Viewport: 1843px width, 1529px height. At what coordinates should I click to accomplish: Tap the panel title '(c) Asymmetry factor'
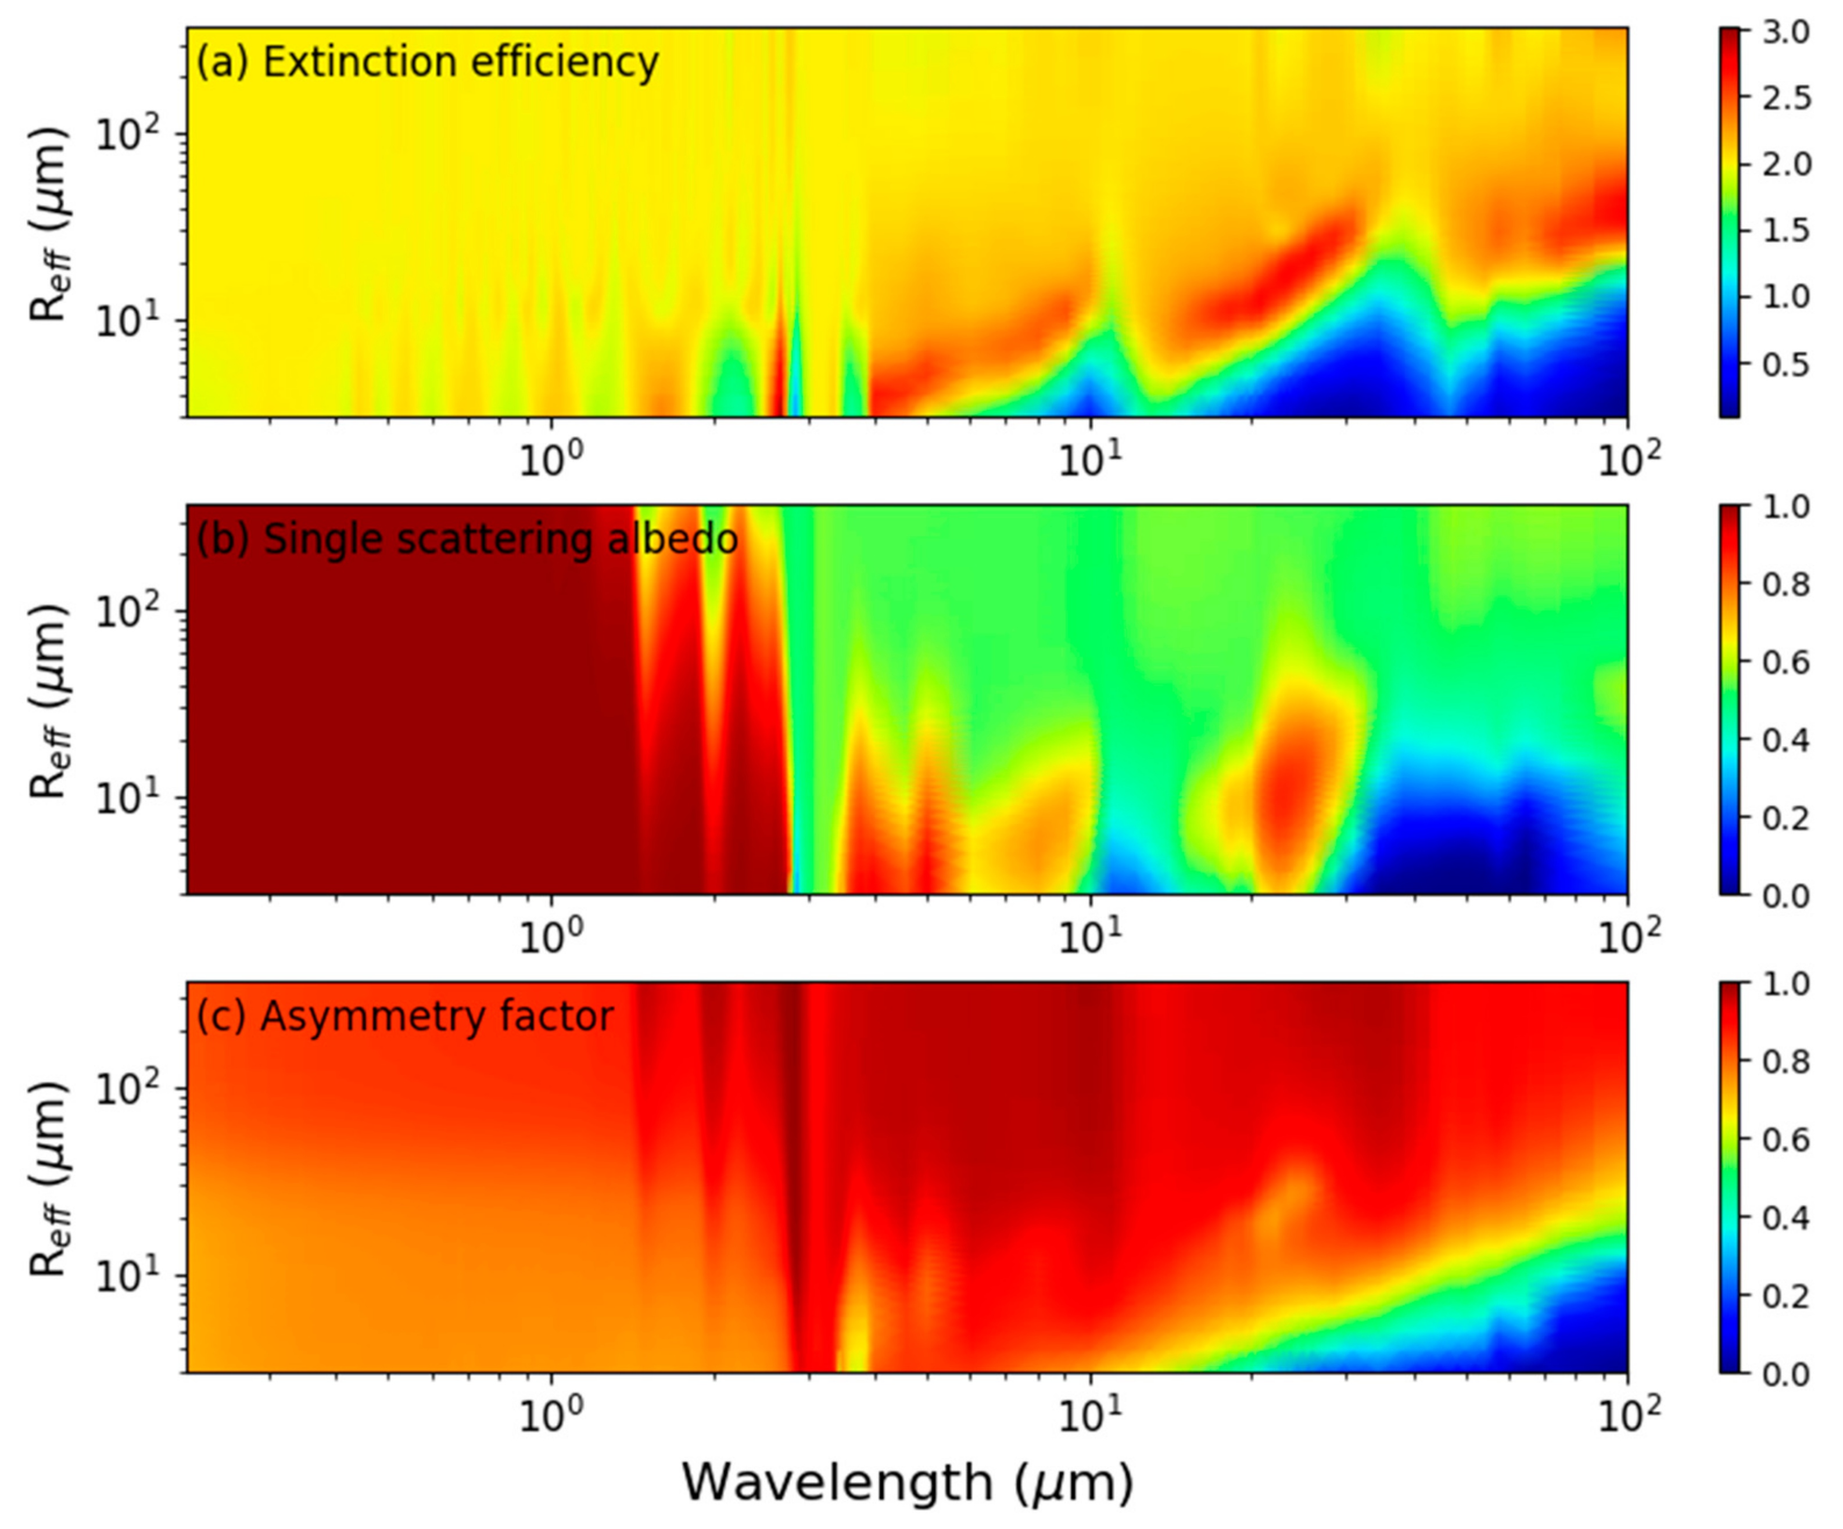coord(404,1017)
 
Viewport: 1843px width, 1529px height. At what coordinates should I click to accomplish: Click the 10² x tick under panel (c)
coord(1629,1415)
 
